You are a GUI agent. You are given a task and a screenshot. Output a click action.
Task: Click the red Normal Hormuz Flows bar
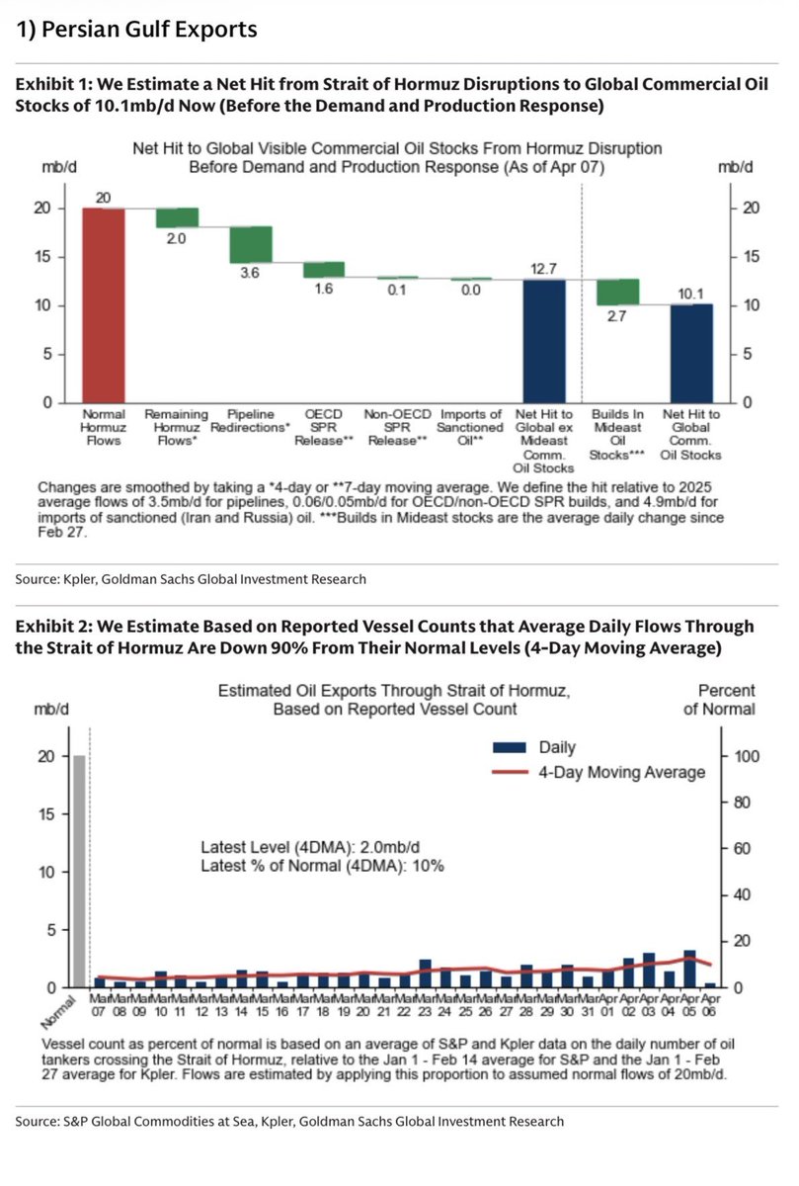pyautogui.click(x=104, y=305)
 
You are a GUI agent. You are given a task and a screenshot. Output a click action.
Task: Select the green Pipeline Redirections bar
pyautogui.click(x=251, y=244)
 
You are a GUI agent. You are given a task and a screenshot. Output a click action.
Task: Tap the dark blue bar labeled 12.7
pyautogui.click(x=544, y=341)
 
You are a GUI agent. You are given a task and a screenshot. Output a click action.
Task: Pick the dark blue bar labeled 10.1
pyautogui.click(x=692, y=353)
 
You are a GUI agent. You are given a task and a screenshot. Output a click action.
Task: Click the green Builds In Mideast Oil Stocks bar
pyautogui.click(x=618, y=292)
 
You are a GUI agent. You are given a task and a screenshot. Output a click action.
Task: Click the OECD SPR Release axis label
pyautogui.click(x=324, y=427)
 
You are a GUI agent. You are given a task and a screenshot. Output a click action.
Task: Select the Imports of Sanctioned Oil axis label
pyautogui.click(x=471, y=427)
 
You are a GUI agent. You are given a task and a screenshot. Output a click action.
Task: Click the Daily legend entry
pyautogui.click(x=558, y=748)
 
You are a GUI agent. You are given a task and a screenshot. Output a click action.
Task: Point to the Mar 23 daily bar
pyautogui.click(x=425, y=974)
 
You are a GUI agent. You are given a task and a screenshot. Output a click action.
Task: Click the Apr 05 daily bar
pyautogui.click(x=689, y=969)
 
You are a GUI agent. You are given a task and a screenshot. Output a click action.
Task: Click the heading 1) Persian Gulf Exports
pyautogui.click(x=138, y=31)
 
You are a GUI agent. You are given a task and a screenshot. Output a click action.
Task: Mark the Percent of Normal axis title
pyautogui.click(x=726, y=699)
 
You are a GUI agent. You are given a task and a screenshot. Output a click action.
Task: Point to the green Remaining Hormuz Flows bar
pyautogui.click(x=178, y=217)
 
